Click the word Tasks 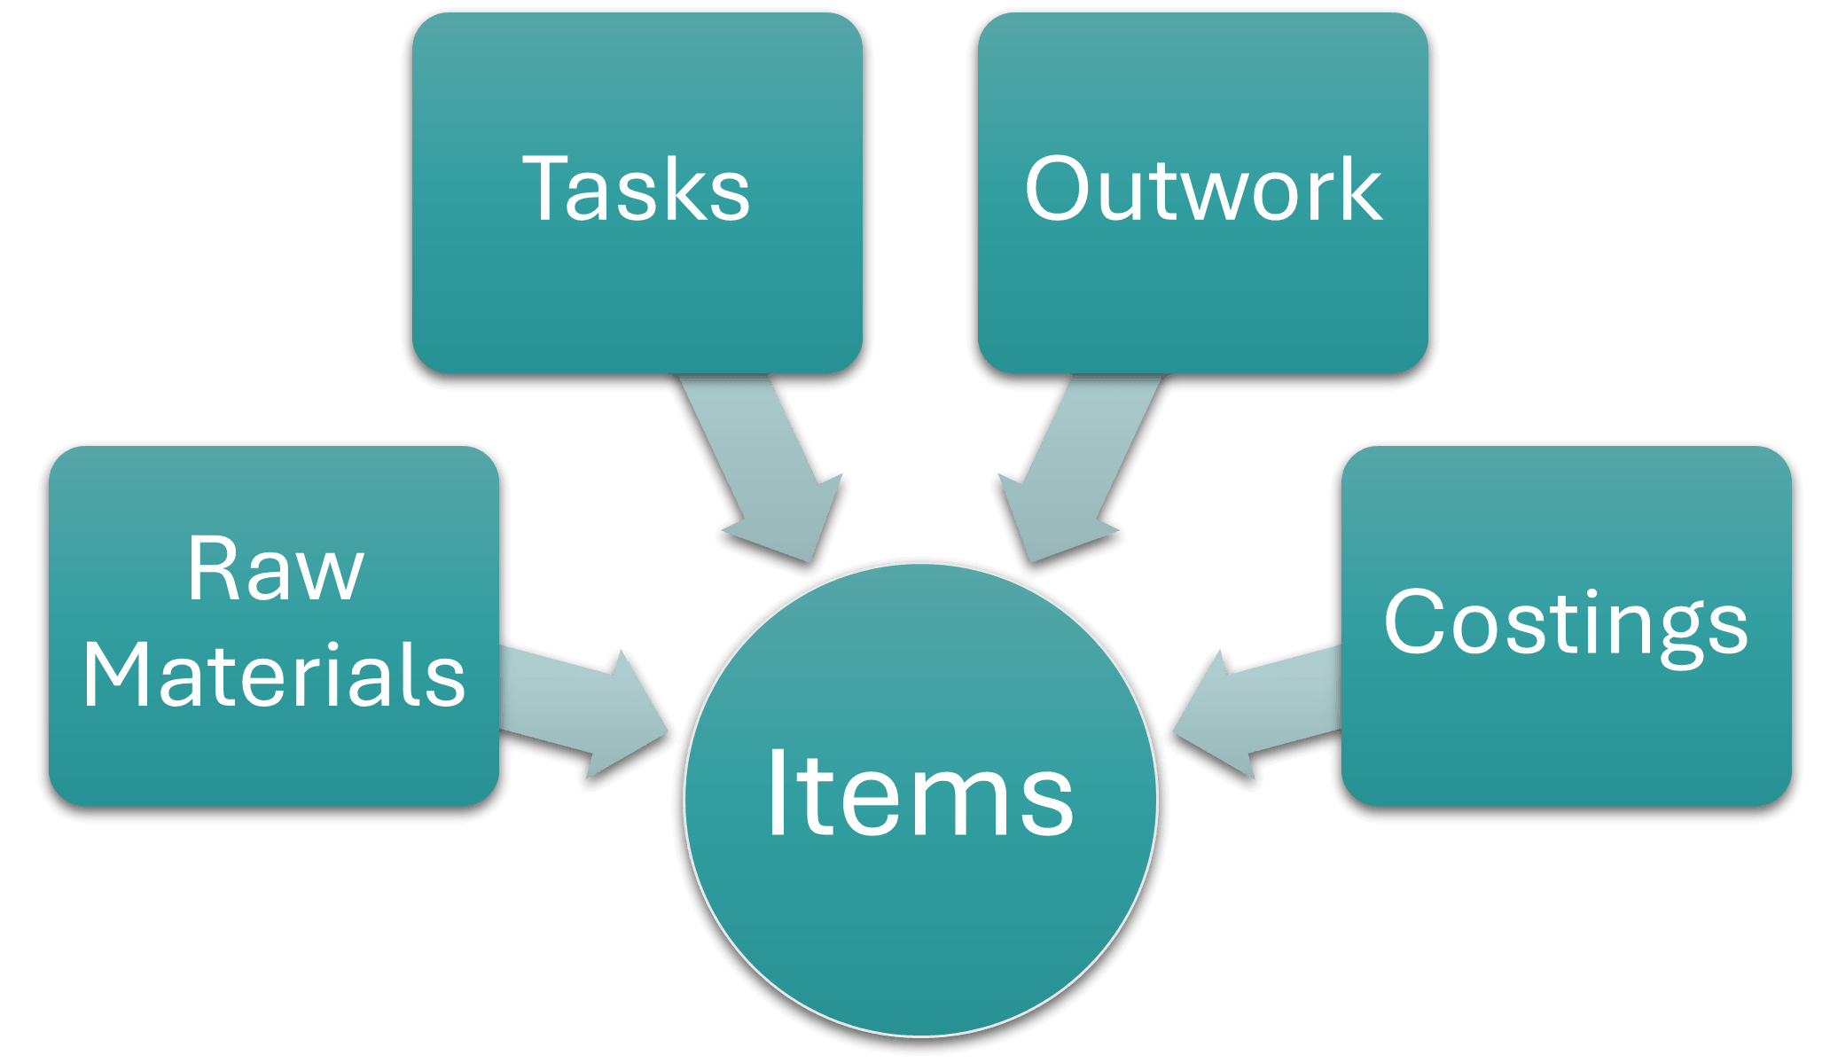[636, 189]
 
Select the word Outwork [1202, 189]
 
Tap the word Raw [275, 570]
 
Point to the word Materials [274, 676]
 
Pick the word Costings [1566, 624]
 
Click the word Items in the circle [919, 794]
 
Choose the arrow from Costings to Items [1259, 709]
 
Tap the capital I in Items [778, 794]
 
